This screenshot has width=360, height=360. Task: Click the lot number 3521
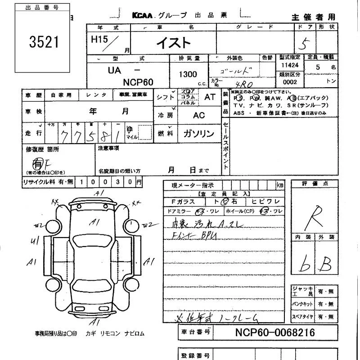click(x=44, y=43)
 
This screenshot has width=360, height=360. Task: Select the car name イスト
click(x=173, y=43)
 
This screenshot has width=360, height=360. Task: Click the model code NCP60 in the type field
click(x=138, y=82)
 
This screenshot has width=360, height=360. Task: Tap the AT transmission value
click(x=210, y=97)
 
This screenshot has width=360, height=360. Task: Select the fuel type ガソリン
click(x=198, y=134)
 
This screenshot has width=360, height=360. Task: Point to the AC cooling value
click(x=199, y=115)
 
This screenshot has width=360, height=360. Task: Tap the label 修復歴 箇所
click(x=42, y=149)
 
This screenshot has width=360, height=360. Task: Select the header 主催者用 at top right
click(x=314, y=17)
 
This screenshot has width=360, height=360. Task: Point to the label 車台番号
click(x=195, y=333)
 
